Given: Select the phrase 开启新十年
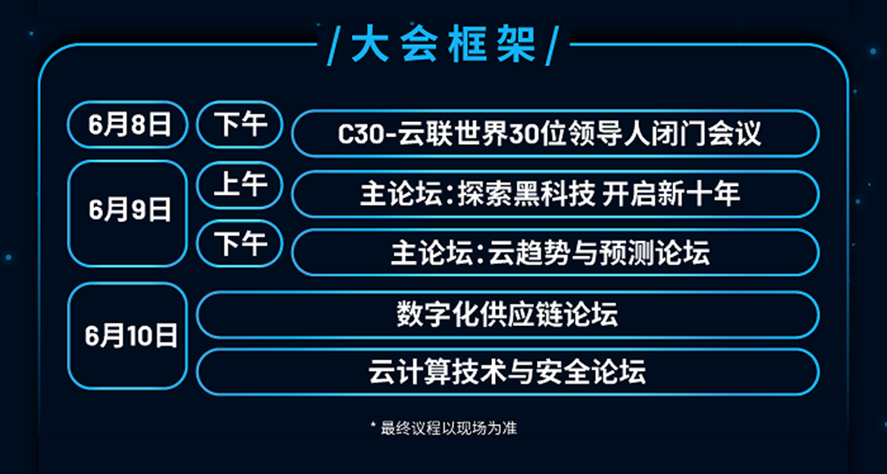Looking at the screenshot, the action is pyautogui.click(x=672, y=194).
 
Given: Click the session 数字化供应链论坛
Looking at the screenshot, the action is pyautogui.click(x=507, y=315).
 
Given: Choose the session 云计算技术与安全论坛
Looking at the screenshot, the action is pyautogui.click(x=507, y=372).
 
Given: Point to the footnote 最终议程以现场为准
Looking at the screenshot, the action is pyautogui.click(x=449, y=428).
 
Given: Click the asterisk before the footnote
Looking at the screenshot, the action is pyautogui.click(x=373, y=425).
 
